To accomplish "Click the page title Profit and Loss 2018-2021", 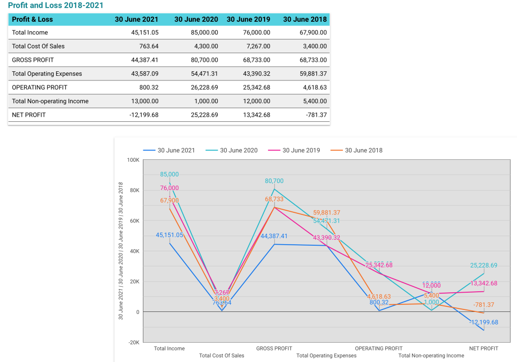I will click(x=56, y=6).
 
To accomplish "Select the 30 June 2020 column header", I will click(x=196, y=20).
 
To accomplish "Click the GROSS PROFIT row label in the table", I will click(x=33, y=60).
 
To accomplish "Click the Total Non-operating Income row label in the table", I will click(x=50, y=101).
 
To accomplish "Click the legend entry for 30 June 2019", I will click(x=300, y=150).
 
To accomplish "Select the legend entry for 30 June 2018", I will click(x=363, y=150).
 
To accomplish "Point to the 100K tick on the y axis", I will click(x=133, y=160).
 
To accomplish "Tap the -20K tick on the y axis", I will click(x=133, y=343).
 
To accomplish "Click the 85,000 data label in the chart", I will click(x=169, y=174).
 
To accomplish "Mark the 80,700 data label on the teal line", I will click(x=274, y=181).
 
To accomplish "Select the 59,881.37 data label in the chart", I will click(x=327, y=213).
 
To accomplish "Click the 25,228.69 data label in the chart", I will click(x=484, y=265).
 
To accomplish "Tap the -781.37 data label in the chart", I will click(x=484, y=305).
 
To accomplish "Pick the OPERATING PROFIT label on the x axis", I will click(x=379, y=348).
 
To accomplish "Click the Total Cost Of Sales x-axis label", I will click(x=222, y=355).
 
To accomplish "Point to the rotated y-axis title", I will click(x=121, y=251).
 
